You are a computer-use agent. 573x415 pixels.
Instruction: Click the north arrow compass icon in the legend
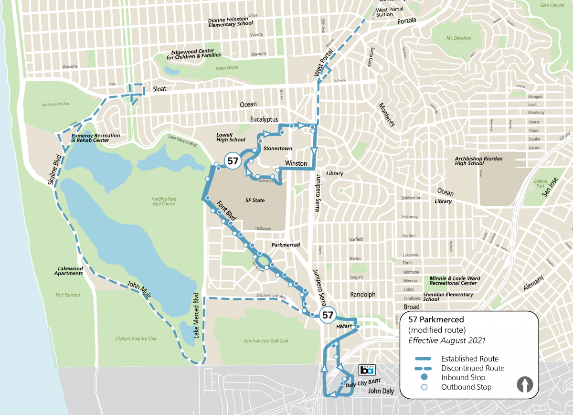[x=525, y=384]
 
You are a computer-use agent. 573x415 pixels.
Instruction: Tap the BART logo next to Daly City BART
[x=367, y=370]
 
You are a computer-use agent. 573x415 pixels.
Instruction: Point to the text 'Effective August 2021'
[x=446, y=341]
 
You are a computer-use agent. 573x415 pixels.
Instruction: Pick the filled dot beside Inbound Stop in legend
[x=423, y=377]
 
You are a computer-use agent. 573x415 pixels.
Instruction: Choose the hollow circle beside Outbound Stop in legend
[x=423, y=387]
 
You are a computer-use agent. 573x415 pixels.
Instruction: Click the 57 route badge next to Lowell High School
[x=233, y=161]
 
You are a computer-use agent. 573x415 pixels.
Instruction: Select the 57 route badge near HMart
[x=327, y=315]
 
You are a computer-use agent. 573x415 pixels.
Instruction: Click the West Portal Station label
[x=390, y=12]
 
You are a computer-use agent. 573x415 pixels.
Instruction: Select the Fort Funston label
[x=68, y=295]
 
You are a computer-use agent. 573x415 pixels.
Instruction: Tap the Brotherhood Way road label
[x=271, y=297]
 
